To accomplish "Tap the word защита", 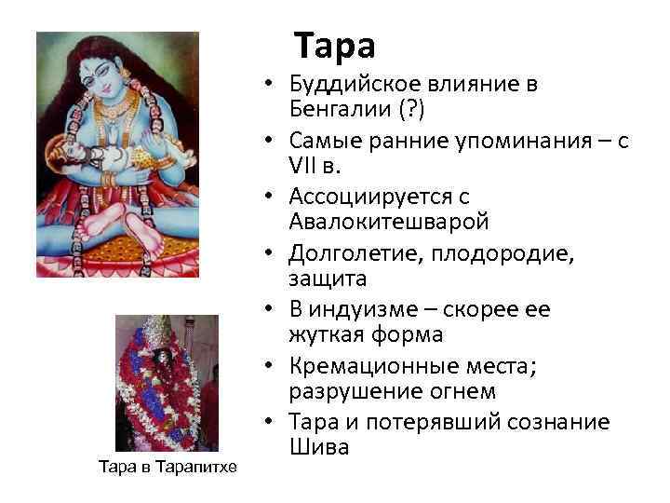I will pyautogui.click(x=316, y=278).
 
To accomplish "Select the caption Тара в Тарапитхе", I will pyautogui.click(x=167, y=466).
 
